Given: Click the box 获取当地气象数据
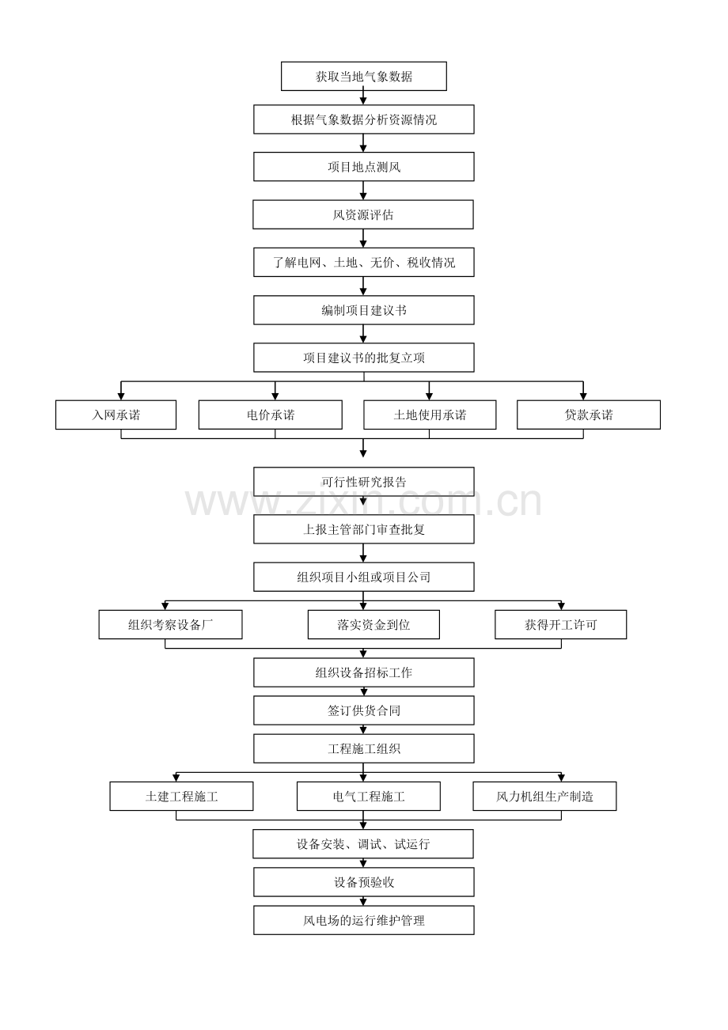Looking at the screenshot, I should [x=364, y=77].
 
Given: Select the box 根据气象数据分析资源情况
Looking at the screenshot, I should [x=364, y=119].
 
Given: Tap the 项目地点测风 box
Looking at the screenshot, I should [x=364, y=167].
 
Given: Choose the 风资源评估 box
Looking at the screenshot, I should [x=363, y=214].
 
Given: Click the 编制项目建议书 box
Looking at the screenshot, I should [x=364, y=310].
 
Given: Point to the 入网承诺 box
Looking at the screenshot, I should [x=116, y=415].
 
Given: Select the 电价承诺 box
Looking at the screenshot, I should [x=270, y=415].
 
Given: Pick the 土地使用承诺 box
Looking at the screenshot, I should [x=430, y=415].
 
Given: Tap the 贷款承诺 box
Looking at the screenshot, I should [x=588, y=415].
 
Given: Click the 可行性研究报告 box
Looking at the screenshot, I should [x=364, y=482].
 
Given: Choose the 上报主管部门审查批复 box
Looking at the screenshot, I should [x=364, y=529].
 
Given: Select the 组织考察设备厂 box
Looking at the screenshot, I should [x=170, y=624].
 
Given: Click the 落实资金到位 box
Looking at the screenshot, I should [x=373, y=624].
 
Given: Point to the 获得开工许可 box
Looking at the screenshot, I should [x=560, y=624].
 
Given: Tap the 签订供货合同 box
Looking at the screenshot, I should [x=364, y=710].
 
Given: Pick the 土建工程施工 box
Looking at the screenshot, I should [x=181, y=796].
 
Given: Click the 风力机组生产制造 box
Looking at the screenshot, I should [x=544, y=796].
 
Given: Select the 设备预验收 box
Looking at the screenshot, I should [x=364, y=882].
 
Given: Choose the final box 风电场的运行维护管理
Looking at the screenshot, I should [x=364, y=920].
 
